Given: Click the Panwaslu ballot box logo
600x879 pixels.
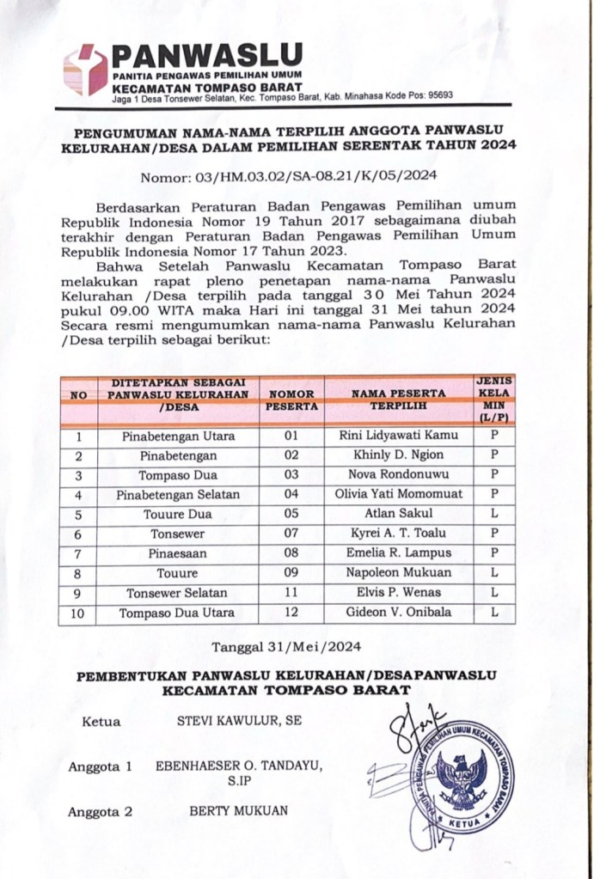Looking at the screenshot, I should [x=84, y=70].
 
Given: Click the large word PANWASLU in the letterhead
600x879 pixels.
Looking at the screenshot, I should [x=207, y=57].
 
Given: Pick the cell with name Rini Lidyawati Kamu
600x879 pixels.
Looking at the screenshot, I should [x=400, y=436].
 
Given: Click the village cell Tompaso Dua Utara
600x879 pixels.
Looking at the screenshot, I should [x=178, y=613].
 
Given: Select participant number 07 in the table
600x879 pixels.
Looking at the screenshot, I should [x=291, y=534].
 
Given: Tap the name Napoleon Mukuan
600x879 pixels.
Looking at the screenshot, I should [x=400, y=574].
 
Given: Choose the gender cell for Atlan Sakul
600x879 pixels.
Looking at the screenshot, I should [x=494, y=515].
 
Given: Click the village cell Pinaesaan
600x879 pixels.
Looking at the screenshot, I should [x=178, y=554].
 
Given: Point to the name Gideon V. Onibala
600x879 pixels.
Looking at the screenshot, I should [x=400, y=613].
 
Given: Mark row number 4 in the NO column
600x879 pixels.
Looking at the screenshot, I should [x=78, y=495].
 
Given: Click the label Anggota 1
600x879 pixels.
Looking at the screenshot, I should [x=100, y=766].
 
